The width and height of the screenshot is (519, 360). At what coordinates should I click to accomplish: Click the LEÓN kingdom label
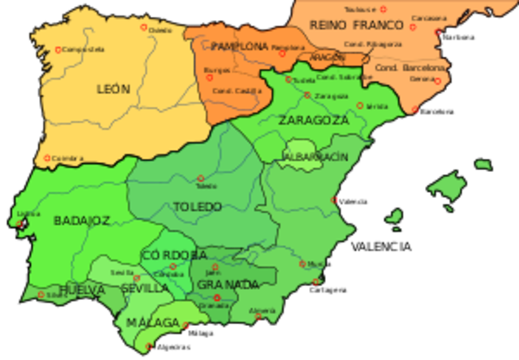pyautogui.click(x=113, y=89)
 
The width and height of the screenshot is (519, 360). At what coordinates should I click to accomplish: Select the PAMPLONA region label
pyautogui.click(x=239, y=47)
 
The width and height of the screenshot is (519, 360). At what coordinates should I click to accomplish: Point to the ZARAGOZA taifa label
pyautogui.click(x=314, y=121)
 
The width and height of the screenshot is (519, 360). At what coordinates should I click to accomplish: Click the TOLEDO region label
pyautogui.click(x=198, y=207)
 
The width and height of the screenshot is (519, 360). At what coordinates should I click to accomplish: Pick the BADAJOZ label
pyautogui.click(x=81, y=221)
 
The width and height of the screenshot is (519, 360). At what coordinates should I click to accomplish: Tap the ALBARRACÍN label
pyautogui.click(x=316, y=156)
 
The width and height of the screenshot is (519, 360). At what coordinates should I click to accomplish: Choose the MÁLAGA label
pyautogui.click(x=152, y=323)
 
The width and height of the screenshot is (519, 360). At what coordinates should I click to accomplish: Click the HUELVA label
pyautogui.click(x=82, y=289)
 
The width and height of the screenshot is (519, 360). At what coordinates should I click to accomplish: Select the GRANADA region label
pyautogui.click(x=228, y=285)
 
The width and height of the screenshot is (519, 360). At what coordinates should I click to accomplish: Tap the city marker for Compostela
pyautogui.click(x=58, y=50)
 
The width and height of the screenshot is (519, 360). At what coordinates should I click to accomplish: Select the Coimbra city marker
pyautogui.click(x=47, y=158)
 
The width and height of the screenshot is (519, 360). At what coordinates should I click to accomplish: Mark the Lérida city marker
pyautogui.click(x=360, y=105)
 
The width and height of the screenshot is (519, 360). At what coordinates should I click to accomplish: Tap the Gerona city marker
pyautogui.click(x=437, y=80)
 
